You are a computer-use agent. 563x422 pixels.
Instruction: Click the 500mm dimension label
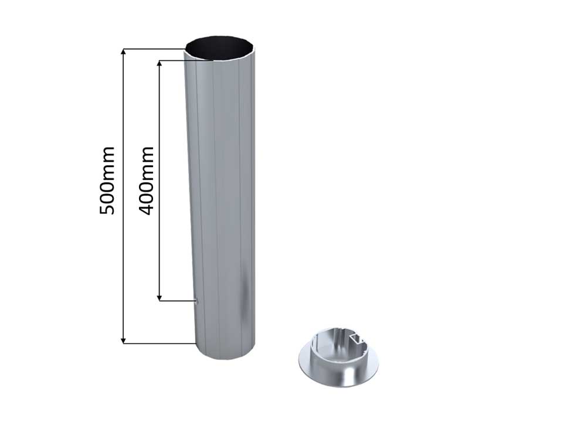pyautogui.click(x=107, y=181)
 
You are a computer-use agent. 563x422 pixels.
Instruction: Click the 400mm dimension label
pyautogui.click(x=147, y=181)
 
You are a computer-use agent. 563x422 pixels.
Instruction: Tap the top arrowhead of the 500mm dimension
pyautogui.click(x=124, y=52)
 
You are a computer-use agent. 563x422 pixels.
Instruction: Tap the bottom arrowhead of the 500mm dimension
pyautogui.click(x=124, y=340)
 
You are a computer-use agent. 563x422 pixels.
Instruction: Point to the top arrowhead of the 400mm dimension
pyautogui.click(x=160, y=63)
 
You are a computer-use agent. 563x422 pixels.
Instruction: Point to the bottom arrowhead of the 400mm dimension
pyautogui.click(x=160, y=297)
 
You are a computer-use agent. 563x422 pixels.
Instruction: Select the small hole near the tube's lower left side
pyautogui.click(x=196, y=301)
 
